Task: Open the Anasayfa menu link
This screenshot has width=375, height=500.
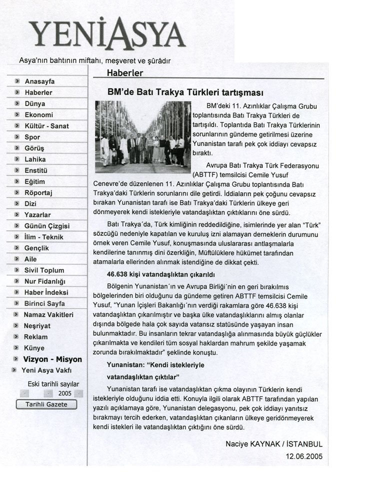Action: [39, 81]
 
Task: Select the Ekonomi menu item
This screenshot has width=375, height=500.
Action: [38, 115]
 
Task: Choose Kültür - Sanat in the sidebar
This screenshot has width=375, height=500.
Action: [46, 126]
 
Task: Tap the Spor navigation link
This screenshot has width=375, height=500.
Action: [32, 137]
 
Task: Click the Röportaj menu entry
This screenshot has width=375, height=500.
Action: [38, 192]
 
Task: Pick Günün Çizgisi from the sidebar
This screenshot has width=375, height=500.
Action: [47, 226]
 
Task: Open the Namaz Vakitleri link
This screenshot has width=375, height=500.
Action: [48, 315]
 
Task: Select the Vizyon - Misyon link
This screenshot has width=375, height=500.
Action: [52, 359]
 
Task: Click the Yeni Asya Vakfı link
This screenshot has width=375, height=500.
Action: [46, 370]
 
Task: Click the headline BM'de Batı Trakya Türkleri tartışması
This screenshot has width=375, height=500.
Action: [185, 93]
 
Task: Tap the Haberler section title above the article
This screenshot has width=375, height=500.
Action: [125, 73]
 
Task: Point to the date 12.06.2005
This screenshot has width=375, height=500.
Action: [304, 456]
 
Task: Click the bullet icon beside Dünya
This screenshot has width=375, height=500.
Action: [16, 104]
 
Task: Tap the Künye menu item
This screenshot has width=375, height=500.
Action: [34, 348]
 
